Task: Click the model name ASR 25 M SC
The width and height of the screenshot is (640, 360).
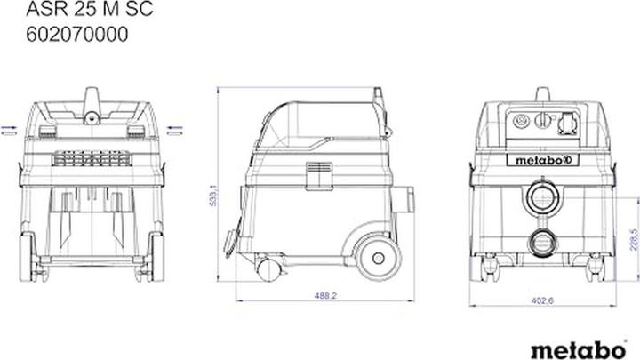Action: coord(90,9)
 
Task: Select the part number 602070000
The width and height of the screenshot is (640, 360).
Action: coord(77,35)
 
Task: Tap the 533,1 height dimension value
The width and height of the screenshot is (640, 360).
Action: coord(213,195)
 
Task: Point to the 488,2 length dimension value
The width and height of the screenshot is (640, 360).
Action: coord(325,295)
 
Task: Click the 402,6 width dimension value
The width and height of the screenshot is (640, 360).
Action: coord(542,300)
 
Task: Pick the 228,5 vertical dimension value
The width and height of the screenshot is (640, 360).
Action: coord(634,239)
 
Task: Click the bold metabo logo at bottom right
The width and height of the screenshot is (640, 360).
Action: coord(579,350)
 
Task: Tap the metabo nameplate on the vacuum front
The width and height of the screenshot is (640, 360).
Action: coord(542,160)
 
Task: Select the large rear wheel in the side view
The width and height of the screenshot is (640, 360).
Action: coord(378,258)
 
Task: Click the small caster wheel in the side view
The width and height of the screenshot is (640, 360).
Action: coord(268,270)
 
